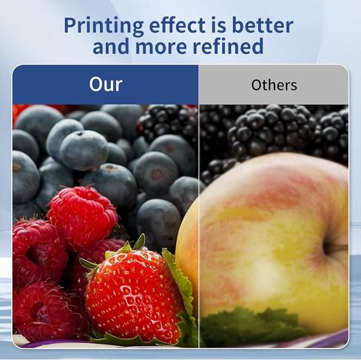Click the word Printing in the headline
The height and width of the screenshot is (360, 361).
[104, 27]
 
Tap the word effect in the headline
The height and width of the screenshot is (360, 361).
[177, 25]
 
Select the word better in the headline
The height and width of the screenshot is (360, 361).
[263, 25]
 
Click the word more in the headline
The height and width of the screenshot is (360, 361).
[161, 47]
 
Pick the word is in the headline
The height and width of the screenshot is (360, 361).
[219, 25]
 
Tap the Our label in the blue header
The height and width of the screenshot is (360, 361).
[106, 84]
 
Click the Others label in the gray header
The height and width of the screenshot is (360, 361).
[274, 85]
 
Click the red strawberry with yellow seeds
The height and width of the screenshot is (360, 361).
[135, 296]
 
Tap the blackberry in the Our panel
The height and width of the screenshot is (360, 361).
[169, 124]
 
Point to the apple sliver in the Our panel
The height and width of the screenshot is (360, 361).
[187, 252]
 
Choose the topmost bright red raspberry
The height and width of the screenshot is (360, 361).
[83, 217]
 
